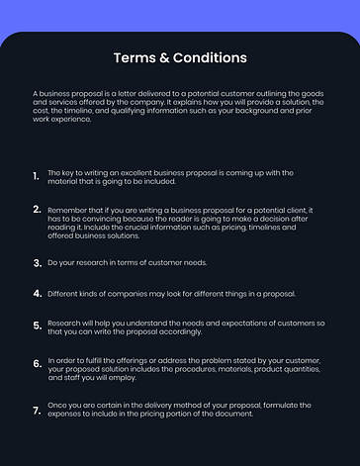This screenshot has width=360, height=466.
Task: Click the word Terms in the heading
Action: [134, 57]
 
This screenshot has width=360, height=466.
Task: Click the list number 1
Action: [36, 176]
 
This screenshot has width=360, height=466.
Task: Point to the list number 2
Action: [37, 210]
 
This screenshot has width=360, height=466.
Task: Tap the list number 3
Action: [37, 263]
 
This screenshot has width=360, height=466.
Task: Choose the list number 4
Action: [37, 294]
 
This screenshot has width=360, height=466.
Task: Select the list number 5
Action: [37, 325]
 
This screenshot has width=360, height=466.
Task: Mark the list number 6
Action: [37, 364]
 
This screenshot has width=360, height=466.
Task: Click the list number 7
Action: [37, 409]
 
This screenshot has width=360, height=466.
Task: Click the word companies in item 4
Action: [124, 293]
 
